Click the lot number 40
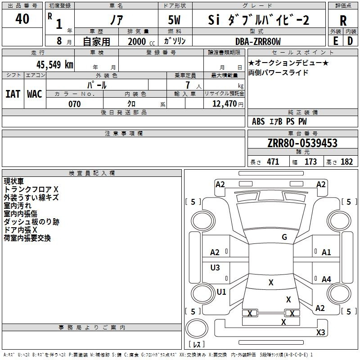(x=22, y=18)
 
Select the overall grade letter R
(x=343, y=21)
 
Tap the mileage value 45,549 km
(x=55, y=65)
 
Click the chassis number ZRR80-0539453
(x=302, y=143)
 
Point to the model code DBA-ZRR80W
(x=258, y=41)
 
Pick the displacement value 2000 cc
(x=141, y=41)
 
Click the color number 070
(x=75, y=104)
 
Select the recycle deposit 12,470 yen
(x=228, y=104)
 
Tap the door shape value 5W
(x=174, y=20)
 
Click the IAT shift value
(x=13, y=94)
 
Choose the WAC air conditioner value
(x=35, y=94)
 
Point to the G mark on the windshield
(x=284, y=237)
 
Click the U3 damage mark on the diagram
(x=215, y=267)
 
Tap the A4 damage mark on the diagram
(x=326, y=279)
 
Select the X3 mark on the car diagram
(x=320, y=332)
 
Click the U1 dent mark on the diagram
(x=221, y=292)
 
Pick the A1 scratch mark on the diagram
(x=326, y=252)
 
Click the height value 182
(x=346, y=162)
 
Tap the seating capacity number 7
(x=188, y=85)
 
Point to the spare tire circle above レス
(x=197, y=328)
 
